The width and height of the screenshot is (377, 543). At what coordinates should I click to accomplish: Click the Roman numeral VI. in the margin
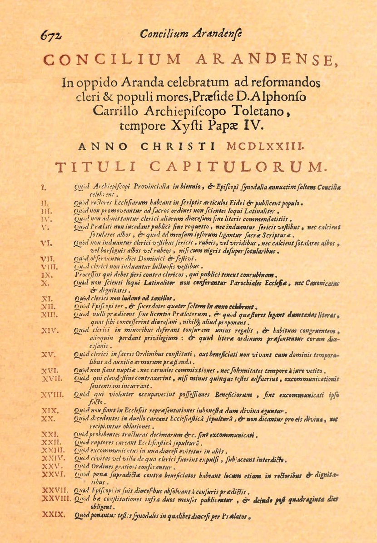coord(47,243)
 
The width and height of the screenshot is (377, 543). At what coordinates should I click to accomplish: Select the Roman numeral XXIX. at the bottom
coord(51,516)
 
